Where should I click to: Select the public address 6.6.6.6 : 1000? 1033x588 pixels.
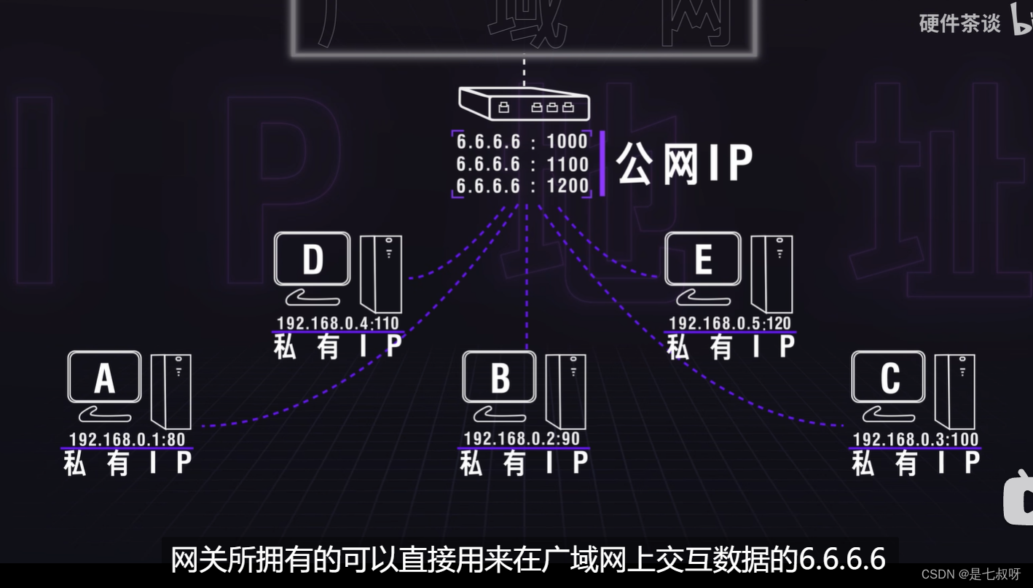[x=522, y=141]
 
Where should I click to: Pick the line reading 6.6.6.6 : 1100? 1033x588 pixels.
[x=522, y=164]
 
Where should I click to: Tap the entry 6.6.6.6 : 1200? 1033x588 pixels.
[x=522, y=186]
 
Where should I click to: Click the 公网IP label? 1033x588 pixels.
[x=683, y=164]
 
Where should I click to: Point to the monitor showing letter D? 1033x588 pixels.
[x=313, y=259]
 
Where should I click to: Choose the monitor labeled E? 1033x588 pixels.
[x=703, y=259]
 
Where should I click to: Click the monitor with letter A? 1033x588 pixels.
[x=105, y=377]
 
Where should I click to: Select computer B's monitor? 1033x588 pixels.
[x=500, y=377]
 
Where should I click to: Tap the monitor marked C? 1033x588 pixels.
[x=889, y=377]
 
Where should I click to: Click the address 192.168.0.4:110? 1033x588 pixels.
[x=338, y=324]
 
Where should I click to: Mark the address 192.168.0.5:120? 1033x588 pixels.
[x=730, y=324]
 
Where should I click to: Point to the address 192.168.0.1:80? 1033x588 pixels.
[x=127, y=439]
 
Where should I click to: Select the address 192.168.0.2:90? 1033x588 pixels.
[x=522, y=439]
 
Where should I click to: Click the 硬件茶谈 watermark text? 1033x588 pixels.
[x=960, y=23]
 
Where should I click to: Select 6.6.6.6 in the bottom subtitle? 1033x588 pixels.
[x=842, y=560]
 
